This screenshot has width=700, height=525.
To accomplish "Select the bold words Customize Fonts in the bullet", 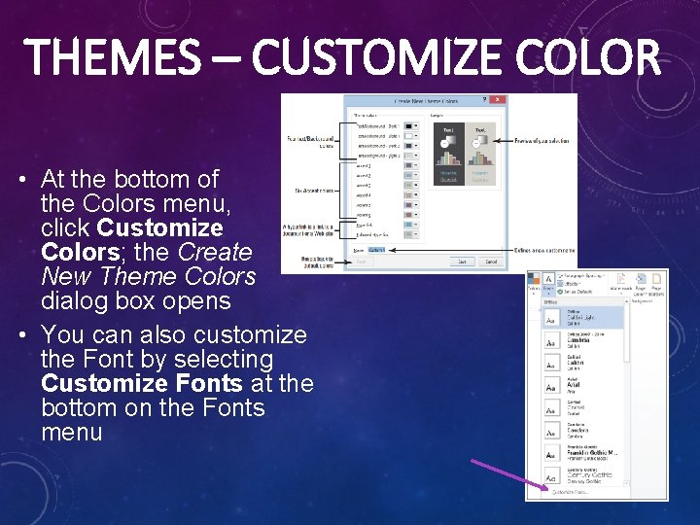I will (142, 383).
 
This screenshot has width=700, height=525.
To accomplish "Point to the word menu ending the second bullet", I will (71, 432).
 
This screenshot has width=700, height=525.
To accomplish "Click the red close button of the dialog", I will (500, 100).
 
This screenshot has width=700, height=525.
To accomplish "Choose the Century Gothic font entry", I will (583, 475).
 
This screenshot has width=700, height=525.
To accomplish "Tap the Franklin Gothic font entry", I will (583, 454).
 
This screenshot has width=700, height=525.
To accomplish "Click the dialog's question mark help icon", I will (484, 100).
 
